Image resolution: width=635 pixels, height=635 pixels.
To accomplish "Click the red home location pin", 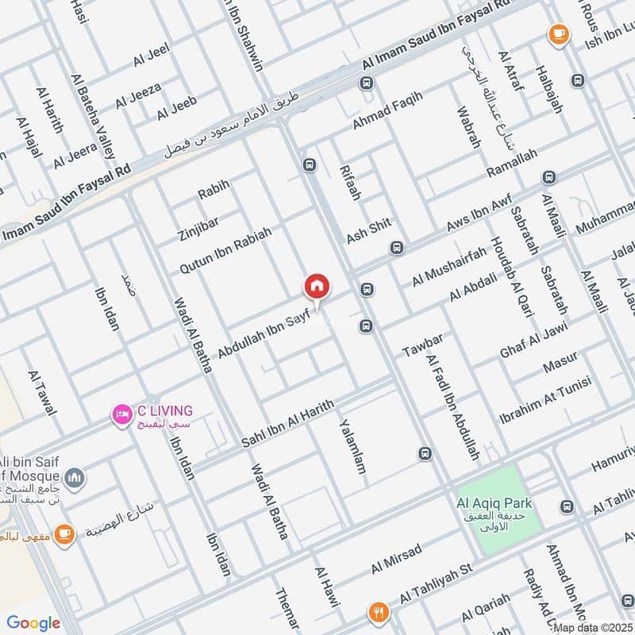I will (x=317, y=287).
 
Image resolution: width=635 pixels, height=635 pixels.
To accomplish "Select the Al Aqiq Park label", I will (x=494, y=503).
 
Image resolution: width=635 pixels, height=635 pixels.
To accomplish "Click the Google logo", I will (x=33, y=623).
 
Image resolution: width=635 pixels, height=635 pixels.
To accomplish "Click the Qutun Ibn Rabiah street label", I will (x=226, y=251).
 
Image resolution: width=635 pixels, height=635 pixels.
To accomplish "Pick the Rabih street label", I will (x=213, y=190).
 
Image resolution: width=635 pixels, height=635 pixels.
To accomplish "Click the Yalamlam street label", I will (x=353, y=447).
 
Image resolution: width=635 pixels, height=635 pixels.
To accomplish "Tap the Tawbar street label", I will (x=422, y=345).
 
